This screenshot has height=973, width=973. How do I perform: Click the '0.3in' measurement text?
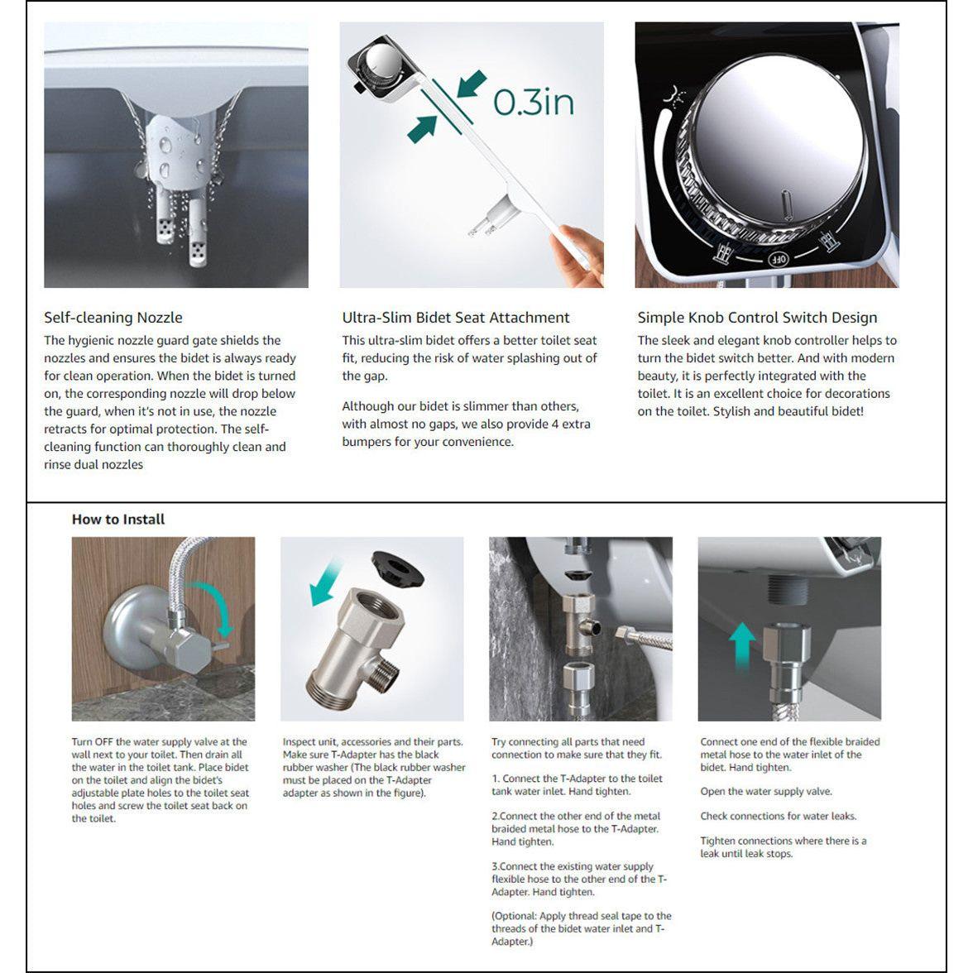pyautogui.click(x=534, y=102)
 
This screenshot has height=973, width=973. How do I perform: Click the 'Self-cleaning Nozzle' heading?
pyautogui.click(x=113, y=318)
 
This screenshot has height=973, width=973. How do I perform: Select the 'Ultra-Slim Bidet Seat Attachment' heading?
pyautogui.click(x=456, y=318)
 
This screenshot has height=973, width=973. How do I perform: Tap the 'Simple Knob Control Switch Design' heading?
pyautogui.click(x=757, y=318)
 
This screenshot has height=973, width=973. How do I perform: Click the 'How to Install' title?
pyautogui.click(x=118, y=520)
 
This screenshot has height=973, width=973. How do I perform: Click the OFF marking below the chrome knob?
pyautogui.click(x=779, y=259)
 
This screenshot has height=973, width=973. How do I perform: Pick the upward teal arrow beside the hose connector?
pyautogui.click(x=742, y=645)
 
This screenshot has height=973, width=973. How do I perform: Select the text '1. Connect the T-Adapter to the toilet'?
pyautogui.click(x=577, y=779)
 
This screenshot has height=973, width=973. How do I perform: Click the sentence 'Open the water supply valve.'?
pyautogui.click(x=766, y=792)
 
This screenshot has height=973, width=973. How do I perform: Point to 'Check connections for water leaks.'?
pyautogui.click(x=778, y=817)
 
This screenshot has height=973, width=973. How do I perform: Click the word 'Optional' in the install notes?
pyautogui.click(x=515, y=916)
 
